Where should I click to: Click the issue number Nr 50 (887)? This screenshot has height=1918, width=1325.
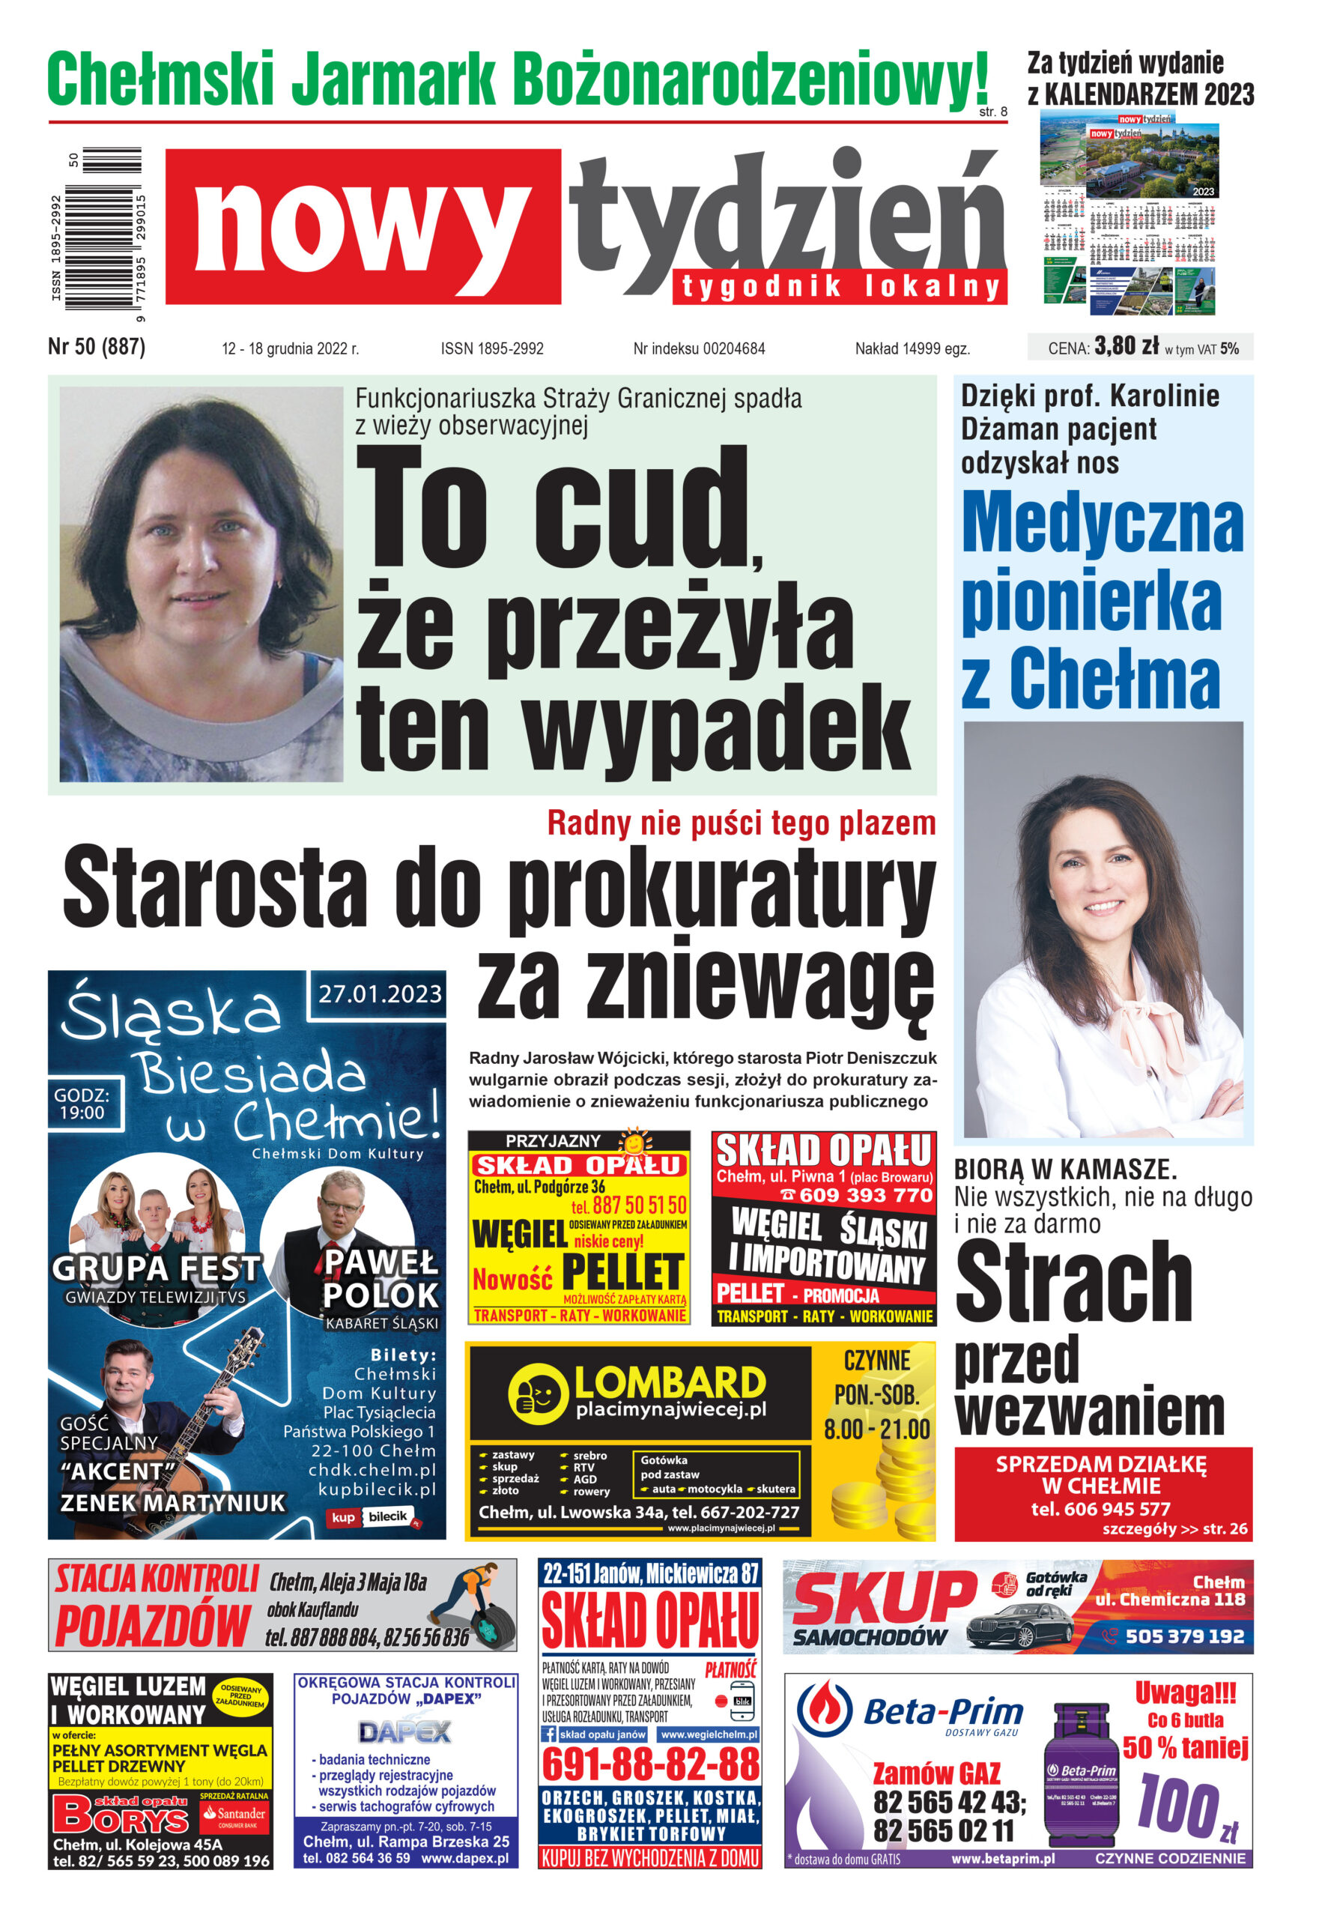pyautogui.click(x=97, y=346)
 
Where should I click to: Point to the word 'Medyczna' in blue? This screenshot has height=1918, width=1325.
pyautogui.click(x=1102, y=523)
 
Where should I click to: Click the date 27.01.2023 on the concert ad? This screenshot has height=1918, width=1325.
pyautogui.click(x=380, y=994)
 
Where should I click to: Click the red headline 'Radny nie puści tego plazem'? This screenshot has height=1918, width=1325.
pyautogui.click(x=742, y=823)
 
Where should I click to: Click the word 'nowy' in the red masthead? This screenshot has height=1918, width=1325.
pyautogui.click(x=363, y=227)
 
